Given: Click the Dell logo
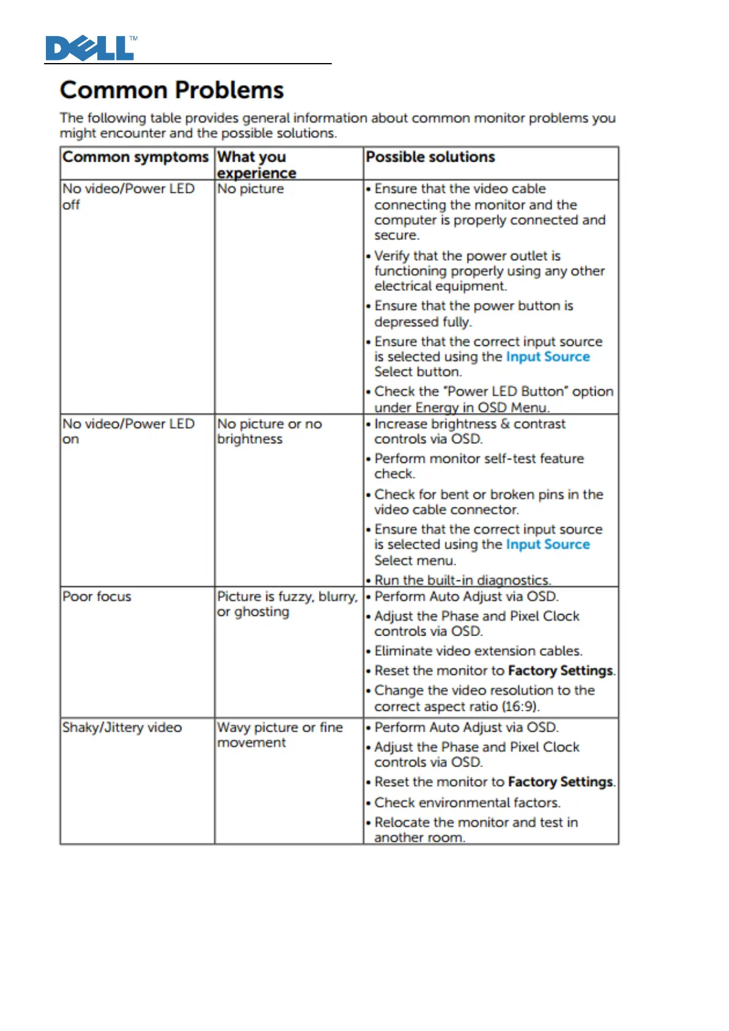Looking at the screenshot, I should (91, 48).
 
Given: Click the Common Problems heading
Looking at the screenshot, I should (172, 90).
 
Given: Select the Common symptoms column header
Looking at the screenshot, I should (135, 157).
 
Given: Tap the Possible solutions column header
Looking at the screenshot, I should (430, 157).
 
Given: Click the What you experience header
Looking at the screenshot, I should (256, 165).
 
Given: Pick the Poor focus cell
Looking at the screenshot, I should (97, 596).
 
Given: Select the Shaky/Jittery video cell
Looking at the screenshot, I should (122, 727).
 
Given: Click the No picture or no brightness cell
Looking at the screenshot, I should (269, 431).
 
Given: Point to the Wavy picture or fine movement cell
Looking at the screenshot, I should (280, 735).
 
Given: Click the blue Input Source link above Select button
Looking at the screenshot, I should (548, 357).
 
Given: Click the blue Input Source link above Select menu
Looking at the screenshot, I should (548, 545).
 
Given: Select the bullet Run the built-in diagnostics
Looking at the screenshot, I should (462, 580).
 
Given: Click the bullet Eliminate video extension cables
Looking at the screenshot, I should (478, 651).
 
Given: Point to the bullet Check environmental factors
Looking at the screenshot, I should (467, 803).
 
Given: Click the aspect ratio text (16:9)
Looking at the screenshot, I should (520, 707).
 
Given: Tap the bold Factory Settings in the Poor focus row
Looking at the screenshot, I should (560, 671).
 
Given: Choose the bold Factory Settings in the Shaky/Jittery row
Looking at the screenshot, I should (560, 782).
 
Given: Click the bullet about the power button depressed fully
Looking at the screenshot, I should (473, 313).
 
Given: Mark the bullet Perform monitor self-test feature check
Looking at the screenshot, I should (479, 466).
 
